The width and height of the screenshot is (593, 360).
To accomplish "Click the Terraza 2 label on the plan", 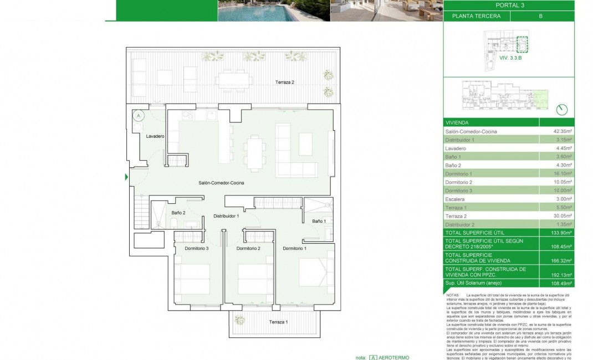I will [285, 83].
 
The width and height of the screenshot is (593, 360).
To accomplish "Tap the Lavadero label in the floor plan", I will [155, 136].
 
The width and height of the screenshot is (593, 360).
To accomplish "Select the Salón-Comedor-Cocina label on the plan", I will [222, 183].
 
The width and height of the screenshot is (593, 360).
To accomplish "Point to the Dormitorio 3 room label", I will [197, 249].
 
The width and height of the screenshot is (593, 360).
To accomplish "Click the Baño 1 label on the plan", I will [319, 221].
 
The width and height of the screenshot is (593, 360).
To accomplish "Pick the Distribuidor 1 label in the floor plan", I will [226, 216].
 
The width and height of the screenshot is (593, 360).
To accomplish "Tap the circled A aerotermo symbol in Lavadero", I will [139, 115].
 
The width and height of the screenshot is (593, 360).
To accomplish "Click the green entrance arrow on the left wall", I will [126, 177].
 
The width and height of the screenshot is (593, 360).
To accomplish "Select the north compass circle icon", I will [562, 109].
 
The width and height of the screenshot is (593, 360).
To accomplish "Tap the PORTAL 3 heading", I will [508, 6].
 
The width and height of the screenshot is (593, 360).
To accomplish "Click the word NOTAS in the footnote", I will [453, 296].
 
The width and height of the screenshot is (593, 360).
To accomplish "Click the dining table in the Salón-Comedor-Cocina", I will [255, 152].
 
